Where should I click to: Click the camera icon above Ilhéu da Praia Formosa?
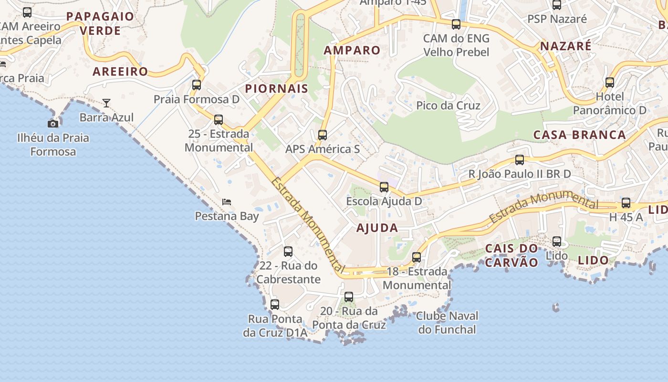53,124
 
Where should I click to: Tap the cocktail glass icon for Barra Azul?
106,103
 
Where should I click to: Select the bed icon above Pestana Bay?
227,202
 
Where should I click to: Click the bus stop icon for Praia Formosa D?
197,85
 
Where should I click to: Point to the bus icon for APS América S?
323,135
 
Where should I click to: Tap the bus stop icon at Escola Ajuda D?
384,187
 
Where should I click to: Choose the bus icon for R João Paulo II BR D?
520,160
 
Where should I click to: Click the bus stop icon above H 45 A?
626,203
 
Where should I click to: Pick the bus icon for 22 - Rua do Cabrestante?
288,252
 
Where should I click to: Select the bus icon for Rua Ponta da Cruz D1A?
275,305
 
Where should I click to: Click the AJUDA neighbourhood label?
377,228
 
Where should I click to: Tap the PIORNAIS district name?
277,88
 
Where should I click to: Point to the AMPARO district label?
352,50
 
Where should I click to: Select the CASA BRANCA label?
579,135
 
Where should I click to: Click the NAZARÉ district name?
565,46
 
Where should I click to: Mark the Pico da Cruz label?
448,106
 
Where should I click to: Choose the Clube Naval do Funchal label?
447,323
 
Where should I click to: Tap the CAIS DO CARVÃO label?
511,255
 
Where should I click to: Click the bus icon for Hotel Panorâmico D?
610,83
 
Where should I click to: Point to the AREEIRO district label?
120,72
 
